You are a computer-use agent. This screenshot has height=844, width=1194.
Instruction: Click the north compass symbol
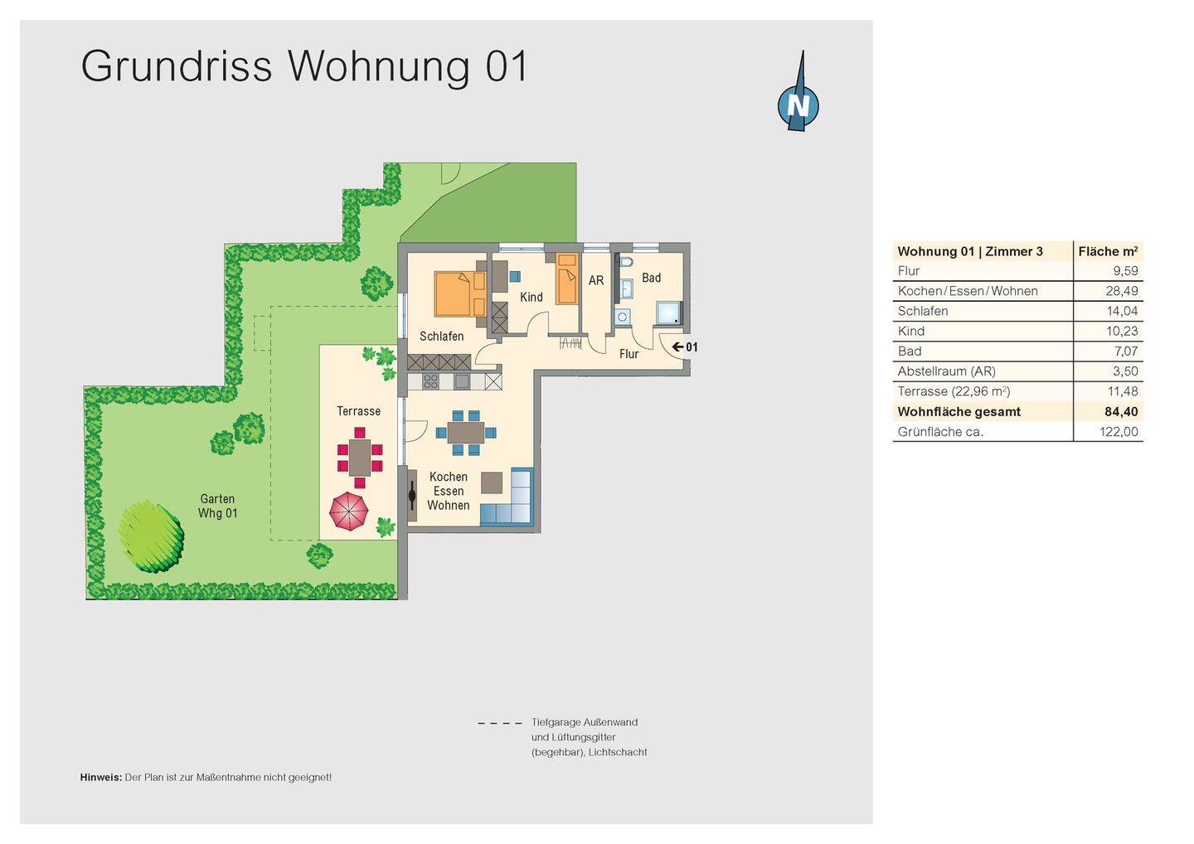click(798, 104)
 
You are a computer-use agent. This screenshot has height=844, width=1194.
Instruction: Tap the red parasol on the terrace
click(349, 511)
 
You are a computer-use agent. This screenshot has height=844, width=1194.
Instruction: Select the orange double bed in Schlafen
click(459, 293)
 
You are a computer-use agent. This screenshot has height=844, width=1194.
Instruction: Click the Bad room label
click(652, 278)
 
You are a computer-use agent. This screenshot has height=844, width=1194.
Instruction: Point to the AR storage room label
click(596, 281)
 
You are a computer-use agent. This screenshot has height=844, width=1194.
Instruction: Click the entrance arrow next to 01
click(677, 347)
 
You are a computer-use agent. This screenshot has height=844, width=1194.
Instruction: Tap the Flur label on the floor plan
click(629, 354)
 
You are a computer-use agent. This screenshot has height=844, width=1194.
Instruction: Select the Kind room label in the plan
click(531, 297)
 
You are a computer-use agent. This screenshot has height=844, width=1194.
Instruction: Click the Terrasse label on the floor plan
click(358, 411)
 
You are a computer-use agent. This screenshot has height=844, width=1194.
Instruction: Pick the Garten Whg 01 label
click(217, 506)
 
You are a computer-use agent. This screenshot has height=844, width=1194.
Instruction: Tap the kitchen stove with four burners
click(430, 381)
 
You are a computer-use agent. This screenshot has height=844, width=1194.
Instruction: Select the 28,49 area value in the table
click(1121, 291)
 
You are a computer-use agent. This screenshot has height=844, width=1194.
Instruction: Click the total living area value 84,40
click(1120, 412)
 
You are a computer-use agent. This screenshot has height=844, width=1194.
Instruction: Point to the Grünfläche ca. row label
click(940, 432)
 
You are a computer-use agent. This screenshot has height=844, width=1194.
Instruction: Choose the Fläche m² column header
click(1108, 251)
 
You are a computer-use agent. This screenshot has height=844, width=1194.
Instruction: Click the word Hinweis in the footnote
click(100, 778)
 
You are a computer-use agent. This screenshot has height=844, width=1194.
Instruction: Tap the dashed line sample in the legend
click(500, 723)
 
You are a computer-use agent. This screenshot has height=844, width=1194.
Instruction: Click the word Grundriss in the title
click(177, 66)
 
